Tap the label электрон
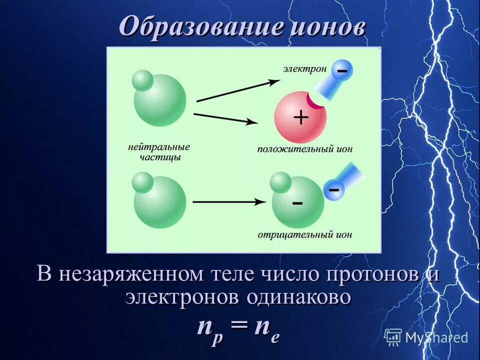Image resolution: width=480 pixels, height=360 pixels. pos(305,68)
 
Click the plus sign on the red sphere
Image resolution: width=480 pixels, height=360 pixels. pos(300,117)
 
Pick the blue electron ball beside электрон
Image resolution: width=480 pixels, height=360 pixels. pos(342,71)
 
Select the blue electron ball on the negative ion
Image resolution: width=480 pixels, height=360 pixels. pos(334,190)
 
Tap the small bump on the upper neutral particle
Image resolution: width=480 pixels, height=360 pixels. pos(143,81)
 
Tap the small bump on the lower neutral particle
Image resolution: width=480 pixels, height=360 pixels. pos(143,182)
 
